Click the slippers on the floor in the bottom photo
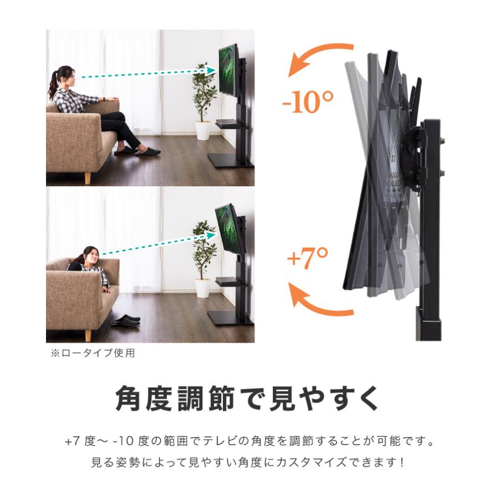[x=125, y=320]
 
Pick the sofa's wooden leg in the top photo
[x=87, y=177]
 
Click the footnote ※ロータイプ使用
[x=93, y=353]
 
